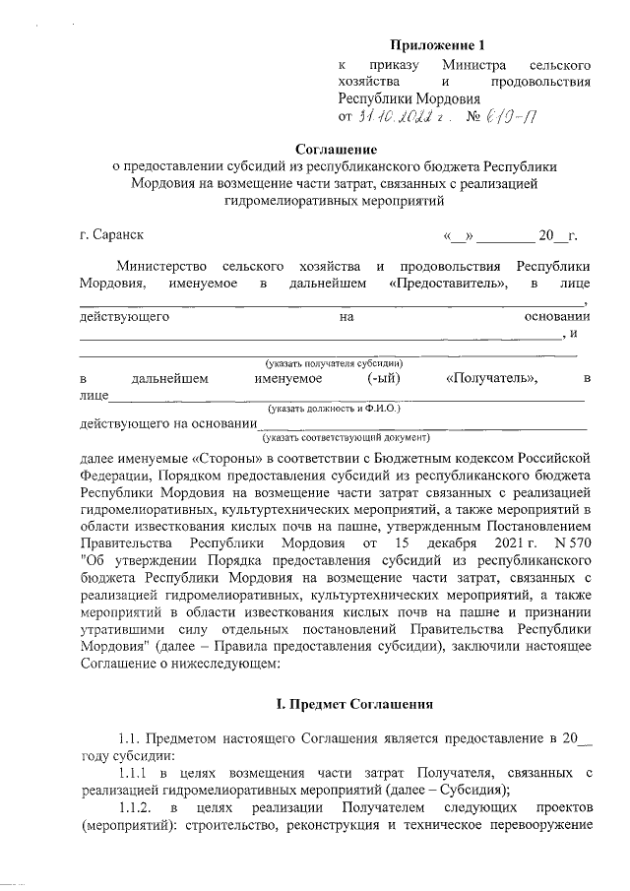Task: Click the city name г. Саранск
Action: click(x=111, y=236)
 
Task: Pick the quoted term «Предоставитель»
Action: click(x=448, y=285)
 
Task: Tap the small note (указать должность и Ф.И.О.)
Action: click(x=334, y=408)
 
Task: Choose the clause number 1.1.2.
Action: click(x=137, y=807)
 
